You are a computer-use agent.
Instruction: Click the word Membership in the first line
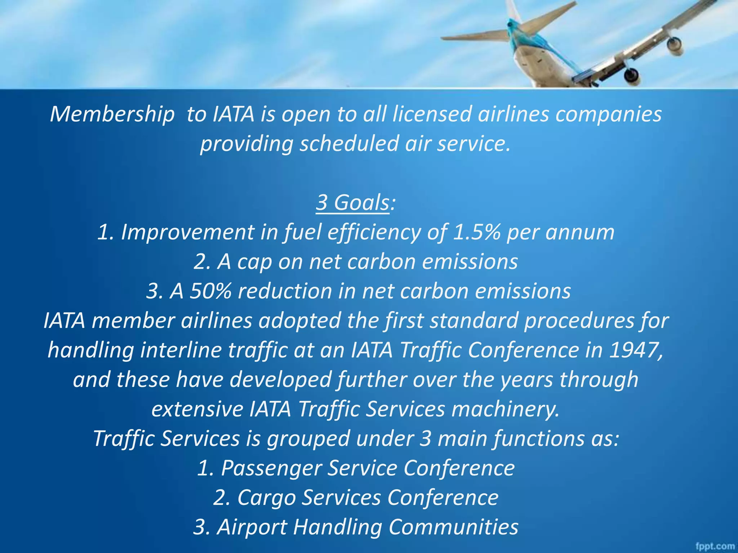[x=112, y=114]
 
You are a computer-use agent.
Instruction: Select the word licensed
[x=431, y=114]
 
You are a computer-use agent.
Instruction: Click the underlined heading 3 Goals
[x=352, y=203]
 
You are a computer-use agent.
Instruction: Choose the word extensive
[x=197, y=409]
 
